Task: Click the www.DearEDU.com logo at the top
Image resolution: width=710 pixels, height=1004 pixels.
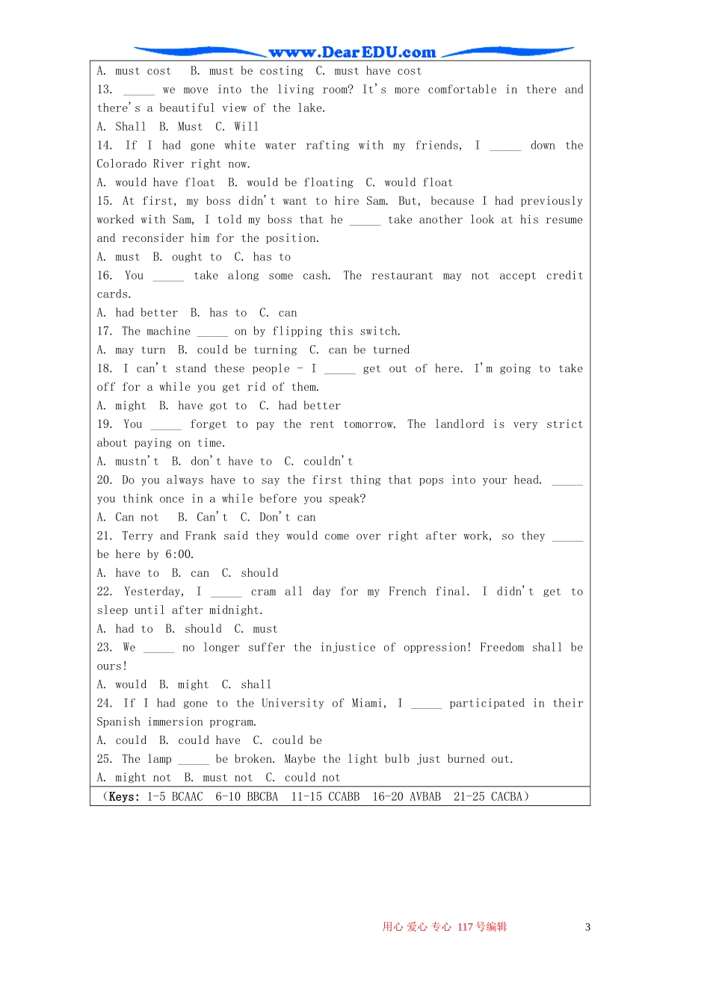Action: [352, 52]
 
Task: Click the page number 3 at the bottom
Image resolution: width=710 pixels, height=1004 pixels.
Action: [587, 927]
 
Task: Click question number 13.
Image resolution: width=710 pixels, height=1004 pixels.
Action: [105, 90]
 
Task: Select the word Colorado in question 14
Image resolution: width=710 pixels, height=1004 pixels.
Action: [121, 164]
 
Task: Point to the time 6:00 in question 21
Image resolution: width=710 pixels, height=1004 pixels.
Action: [179, 554]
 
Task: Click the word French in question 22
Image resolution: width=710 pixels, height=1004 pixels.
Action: [407, 592]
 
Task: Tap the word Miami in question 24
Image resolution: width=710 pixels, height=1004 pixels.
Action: [369, 704]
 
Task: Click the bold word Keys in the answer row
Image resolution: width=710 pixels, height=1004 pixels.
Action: [124, 797]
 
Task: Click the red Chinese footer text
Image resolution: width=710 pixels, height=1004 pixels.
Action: [445, 927]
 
